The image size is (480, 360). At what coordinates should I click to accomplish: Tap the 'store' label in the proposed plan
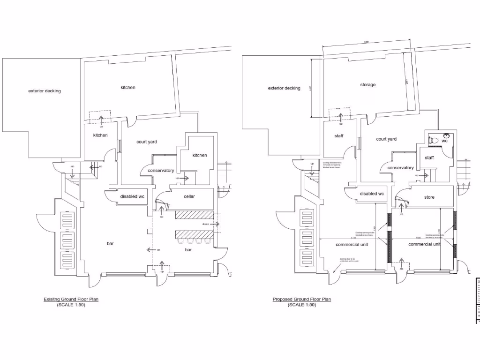[x=429, y=197]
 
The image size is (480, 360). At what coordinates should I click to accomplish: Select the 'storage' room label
[x=368, y=85]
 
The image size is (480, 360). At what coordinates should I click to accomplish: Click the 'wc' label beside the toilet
[x=444, y=141]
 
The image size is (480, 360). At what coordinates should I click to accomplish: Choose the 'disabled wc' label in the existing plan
[x=132, y=196]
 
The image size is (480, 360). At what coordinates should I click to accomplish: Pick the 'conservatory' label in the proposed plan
[x=401, y=168]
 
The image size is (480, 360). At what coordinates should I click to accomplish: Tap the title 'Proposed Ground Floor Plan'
[x=302, y=299]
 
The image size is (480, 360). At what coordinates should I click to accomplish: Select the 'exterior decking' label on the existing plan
[x=45, y=91]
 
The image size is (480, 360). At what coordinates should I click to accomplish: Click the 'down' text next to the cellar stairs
[x=206, y=225]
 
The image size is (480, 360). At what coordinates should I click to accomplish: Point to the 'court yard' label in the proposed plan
[x=386, y=139]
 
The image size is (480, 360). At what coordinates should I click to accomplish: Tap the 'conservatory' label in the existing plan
[x=161, y=171]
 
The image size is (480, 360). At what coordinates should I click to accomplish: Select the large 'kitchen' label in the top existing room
[x=128, y=88]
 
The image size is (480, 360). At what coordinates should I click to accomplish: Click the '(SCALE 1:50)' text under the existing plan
[x=71, y=305]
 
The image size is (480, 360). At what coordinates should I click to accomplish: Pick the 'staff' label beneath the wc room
[x=429, y=158]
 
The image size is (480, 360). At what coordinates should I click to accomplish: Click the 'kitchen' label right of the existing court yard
[x=199, y=155]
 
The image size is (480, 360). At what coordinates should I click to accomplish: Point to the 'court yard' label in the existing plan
[x=146, y=142]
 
